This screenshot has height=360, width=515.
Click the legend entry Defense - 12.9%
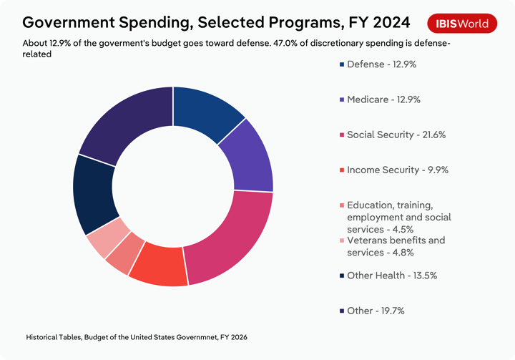point(382,64)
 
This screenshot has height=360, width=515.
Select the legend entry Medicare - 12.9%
point(383,99)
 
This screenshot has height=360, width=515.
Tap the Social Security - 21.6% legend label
point(396,135)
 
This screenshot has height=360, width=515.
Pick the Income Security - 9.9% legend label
point(398,170)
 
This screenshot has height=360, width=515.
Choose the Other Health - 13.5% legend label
point(392,276)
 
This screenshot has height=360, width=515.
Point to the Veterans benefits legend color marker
point(342,240)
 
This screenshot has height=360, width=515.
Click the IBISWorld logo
point(463,23)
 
